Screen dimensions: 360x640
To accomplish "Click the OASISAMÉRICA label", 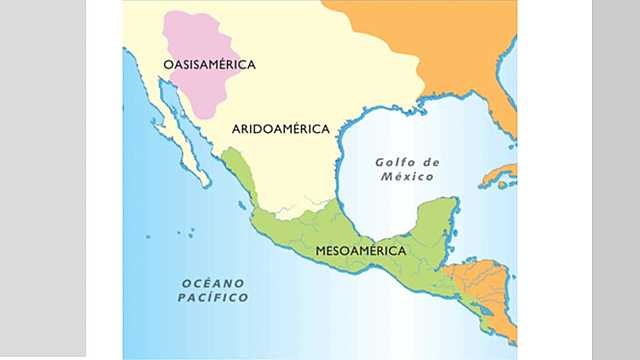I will coord(209,65).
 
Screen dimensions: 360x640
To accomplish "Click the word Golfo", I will coord(394,162).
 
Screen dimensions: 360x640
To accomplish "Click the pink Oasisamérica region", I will coord(200,40).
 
